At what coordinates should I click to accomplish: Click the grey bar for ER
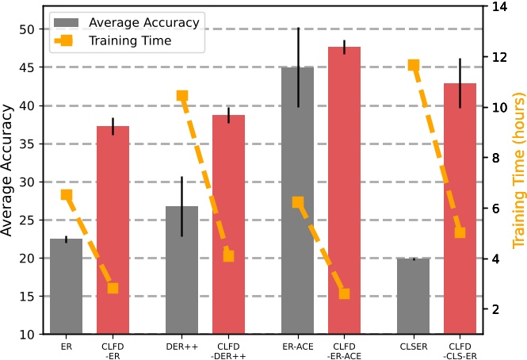[x=66, y=286]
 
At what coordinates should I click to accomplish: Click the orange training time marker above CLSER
[x=414, y=65]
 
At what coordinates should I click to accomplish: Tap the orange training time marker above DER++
[x=182, y=96]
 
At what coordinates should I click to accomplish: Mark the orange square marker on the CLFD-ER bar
[x=113, y=289]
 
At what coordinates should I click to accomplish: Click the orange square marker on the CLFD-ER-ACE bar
[x=344, y=293]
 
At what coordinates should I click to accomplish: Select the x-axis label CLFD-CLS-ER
[x=460, y=350]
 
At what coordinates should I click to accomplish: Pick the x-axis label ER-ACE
[x=298, y=346]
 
